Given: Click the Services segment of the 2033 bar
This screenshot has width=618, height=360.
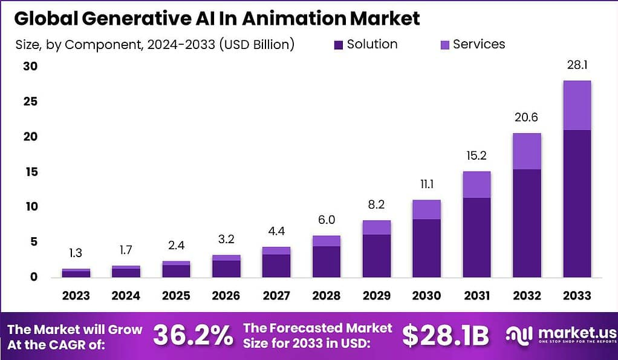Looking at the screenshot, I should point(576,105).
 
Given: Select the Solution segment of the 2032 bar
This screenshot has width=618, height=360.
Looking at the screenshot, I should point(527,223).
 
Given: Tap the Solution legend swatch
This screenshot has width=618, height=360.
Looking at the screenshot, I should point(337,45).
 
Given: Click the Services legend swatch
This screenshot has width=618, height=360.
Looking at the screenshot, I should point(444,45).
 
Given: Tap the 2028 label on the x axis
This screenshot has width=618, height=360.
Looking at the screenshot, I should point(327,296).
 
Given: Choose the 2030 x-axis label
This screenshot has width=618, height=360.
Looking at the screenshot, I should point(427,296).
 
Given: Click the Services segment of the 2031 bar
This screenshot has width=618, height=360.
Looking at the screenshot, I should point(477,185).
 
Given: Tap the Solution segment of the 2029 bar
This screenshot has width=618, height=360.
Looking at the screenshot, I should point(376,256).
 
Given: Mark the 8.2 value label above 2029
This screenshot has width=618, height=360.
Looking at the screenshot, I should point(376,206).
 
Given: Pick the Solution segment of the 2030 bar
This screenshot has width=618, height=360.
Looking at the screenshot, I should point(427,248).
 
